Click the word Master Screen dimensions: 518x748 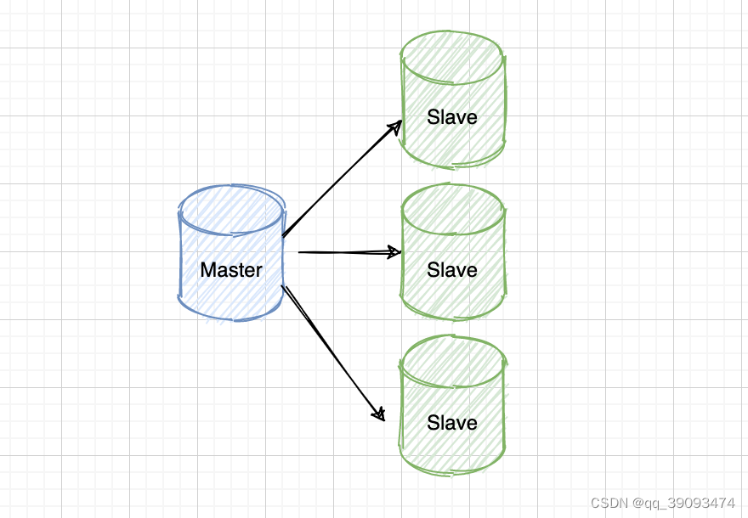tap(231, 270)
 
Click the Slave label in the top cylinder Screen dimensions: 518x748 tap(452, 117)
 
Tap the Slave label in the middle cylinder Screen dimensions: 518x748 tap(452, 270)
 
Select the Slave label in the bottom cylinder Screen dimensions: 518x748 tap(452, 423)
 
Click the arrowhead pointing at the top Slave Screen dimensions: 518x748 tap(396, 126)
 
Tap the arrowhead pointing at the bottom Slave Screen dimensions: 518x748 tap(380, 414)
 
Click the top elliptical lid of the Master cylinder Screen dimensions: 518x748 tap(231, 207)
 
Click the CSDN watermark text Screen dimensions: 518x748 tap(609, 503)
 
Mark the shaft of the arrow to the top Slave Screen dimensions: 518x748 tap(340, 180)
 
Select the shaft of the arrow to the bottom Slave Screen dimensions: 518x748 tap(331, 350)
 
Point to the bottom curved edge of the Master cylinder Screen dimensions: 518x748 tap(231, 319)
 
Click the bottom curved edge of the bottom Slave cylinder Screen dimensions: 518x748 tap(452, 470)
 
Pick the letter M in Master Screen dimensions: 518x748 tap(207, 270)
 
